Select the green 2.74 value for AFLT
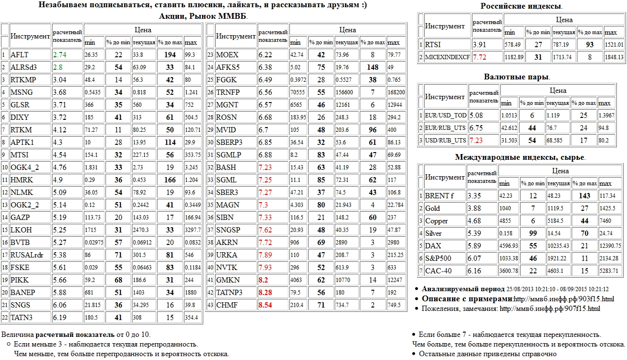(60, 55)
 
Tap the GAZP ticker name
(20, 218)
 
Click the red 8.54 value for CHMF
(266, 305)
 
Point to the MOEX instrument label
(227, 55)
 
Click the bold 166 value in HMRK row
(170, 180)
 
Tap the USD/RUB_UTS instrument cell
(445, 141)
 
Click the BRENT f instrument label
(439, 196)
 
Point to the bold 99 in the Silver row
(533, 233)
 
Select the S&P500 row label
(439, 258)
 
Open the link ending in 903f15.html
(564, 299)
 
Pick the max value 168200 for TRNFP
(396, 92)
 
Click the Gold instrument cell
(432, 208)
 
